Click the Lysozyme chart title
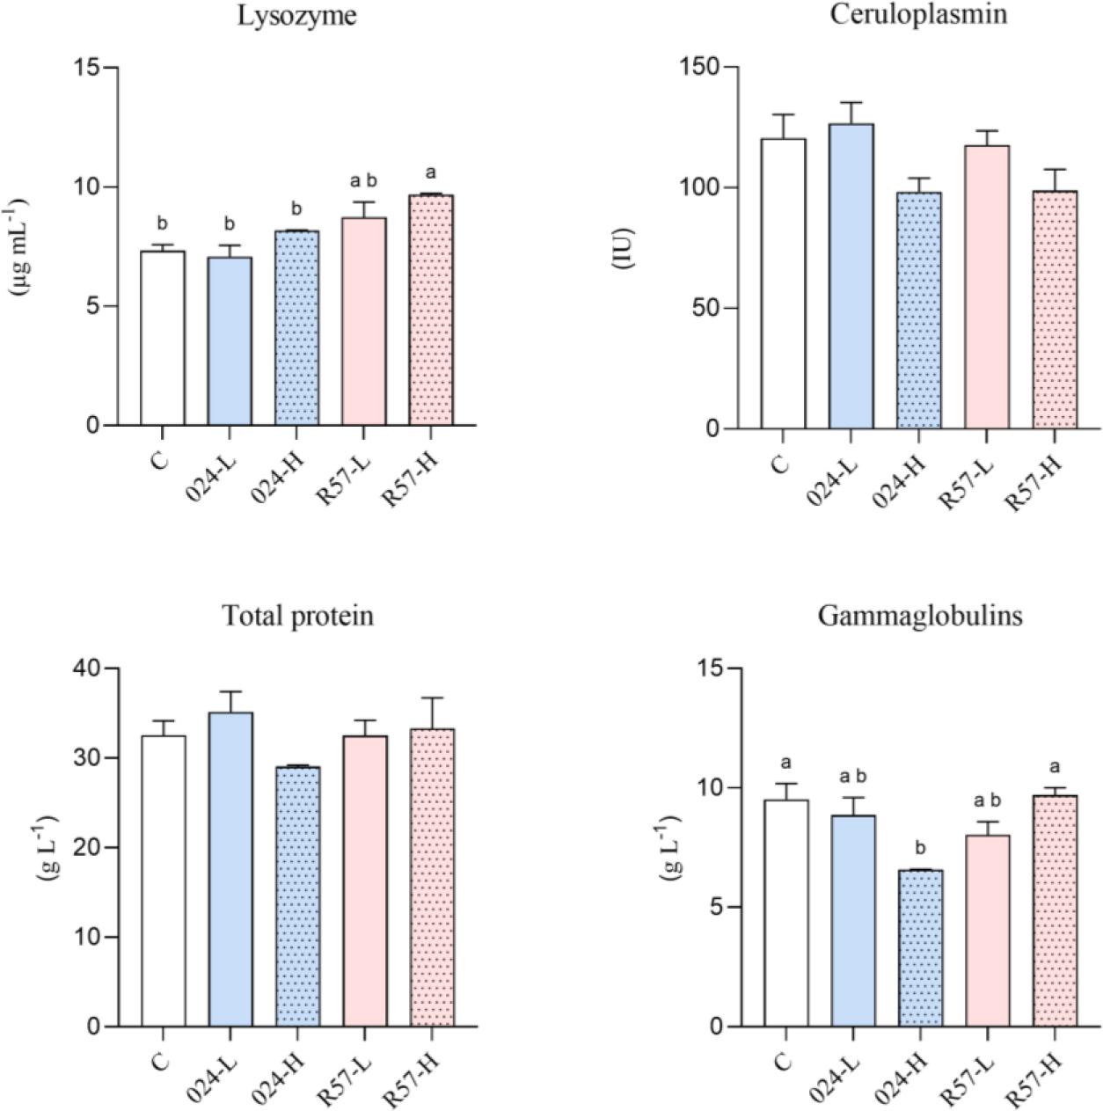coord(297,16)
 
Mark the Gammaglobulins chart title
coord(919,616)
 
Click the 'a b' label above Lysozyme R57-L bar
coord(363,181)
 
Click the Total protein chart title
coord(297,616)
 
